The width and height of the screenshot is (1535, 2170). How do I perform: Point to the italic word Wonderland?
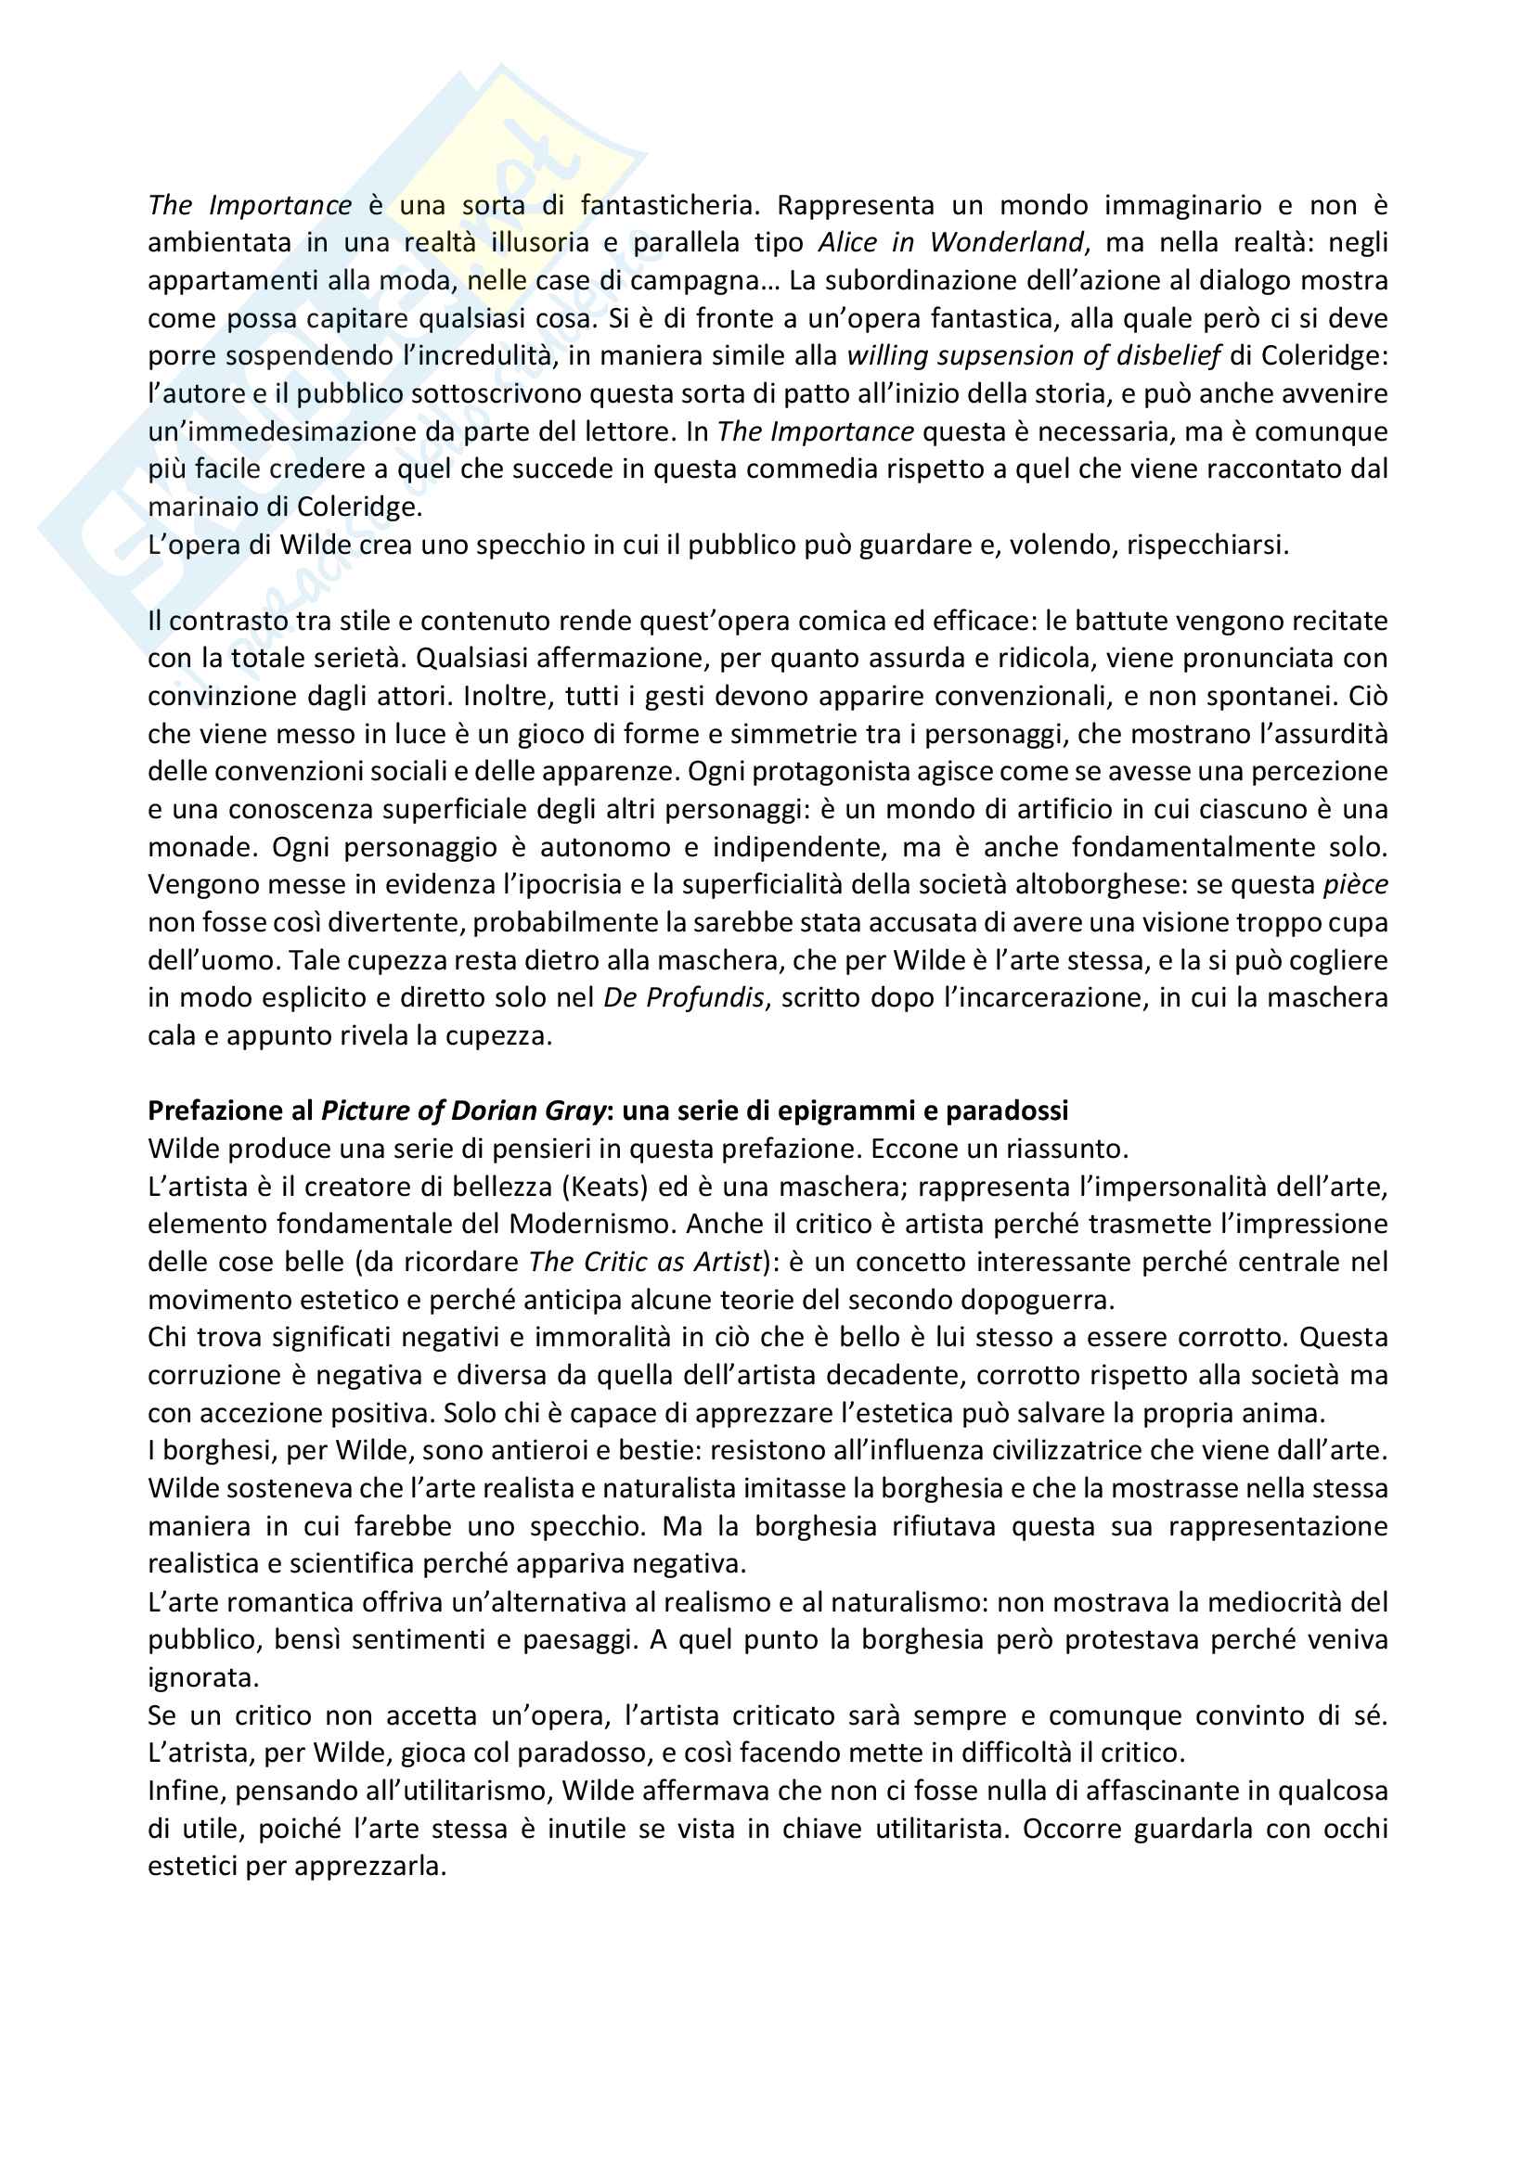1007,243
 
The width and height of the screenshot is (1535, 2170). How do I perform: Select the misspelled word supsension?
953,356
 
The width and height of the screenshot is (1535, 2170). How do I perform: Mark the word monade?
199,848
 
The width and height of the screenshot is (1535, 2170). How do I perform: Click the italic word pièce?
1355,885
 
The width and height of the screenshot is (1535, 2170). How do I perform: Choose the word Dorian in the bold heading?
496,1111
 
